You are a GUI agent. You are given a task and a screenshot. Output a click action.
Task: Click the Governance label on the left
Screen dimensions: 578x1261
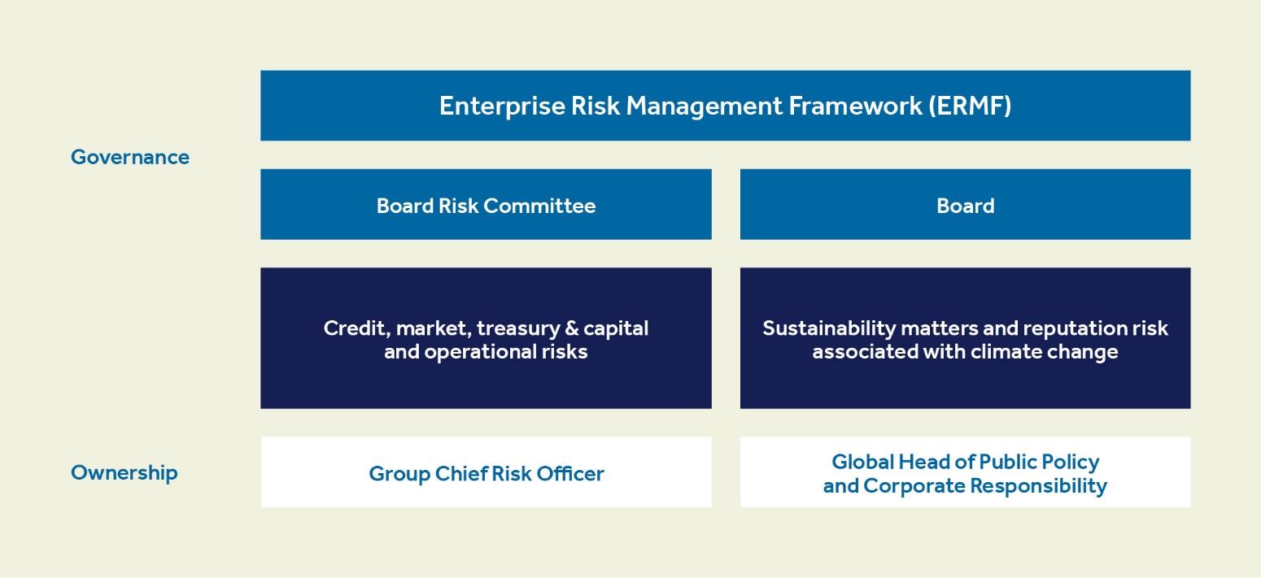click(x=130, y=157)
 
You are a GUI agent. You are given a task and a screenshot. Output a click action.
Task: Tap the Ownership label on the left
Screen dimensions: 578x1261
click(x=124, y=472)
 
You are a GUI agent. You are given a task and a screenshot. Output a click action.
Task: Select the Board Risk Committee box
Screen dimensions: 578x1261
click(x=486, y=205)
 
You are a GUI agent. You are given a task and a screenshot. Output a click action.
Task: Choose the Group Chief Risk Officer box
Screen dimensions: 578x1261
click(x=486, y=473)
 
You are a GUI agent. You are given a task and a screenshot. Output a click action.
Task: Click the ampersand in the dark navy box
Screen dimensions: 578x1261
click(x=572, y=328)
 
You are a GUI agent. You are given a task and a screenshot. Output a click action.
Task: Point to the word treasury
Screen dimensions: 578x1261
click(x=517, y=328)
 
